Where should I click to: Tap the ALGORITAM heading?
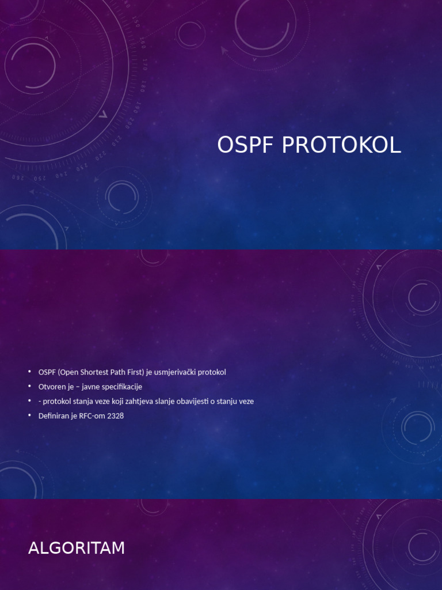point(77,548)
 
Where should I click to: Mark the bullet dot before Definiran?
point(30,415)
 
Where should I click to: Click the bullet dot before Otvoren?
point(30,386)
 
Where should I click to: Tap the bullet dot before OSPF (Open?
point(30,372)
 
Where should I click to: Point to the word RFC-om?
point(91,415)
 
